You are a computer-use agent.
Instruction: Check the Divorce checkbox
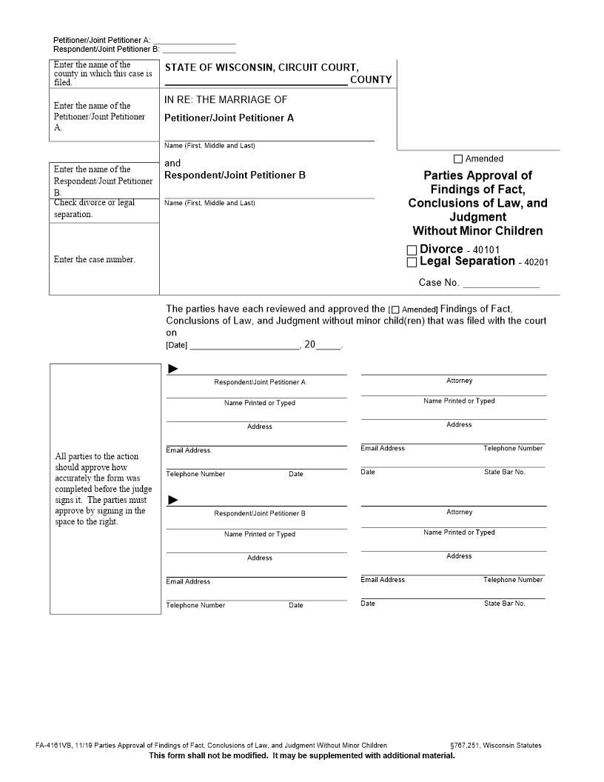click(x=412, y=251)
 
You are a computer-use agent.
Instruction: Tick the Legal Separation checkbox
click(x=412, y=262)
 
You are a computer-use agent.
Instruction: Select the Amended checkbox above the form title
click(x=458, y=159)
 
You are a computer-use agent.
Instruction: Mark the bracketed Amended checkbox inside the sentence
click(x=395, y=310)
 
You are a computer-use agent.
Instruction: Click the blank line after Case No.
click(x=501, y=283)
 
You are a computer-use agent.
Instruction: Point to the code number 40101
click(x=487, y=250)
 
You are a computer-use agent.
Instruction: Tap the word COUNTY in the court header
click(x=371, y=80)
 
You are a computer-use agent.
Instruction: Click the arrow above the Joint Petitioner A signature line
click(x=173, y=369)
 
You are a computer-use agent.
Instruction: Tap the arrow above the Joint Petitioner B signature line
click(x=173, y=501)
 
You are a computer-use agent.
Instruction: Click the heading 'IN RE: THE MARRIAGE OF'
click(x=226, y=100)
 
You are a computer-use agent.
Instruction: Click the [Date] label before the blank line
click(x=177, y=346)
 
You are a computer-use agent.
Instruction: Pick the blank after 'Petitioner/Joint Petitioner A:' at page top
click(x=194, y=39)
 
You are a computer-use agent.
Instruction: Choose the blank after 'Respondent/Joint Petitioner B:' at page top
click(x=198, y=49)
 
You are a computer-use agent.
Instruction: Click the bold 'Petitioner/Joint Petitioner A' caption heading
click(x=229, y=118)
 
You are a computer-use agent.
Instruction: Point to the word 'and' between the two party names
click(x=172, y=163)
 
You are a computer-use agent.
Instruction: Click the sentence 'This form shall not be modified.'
click(x=209, y=755)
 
